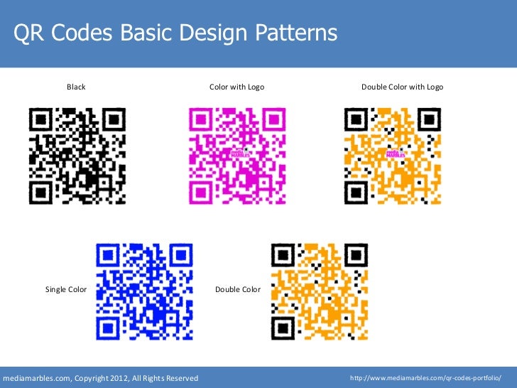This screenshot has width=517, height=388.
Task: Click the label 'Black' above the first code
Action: pos(76,87)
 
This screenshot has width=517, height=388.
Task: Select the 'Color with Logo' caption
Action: pos(236,87)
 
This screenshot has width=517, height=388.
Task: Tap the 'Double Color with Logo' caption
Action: pos(402,87)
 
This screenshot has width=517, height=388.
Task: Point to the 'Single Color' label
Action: pos(66,289)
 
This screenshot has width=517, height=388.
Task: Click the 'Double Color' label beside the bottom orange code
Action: pos(238,289)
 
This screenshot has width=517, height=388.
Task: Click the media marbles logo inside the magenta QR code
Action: pos(238,155)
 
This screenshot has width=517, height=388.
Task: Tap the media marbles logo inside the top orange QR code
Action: pos(393,155)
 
